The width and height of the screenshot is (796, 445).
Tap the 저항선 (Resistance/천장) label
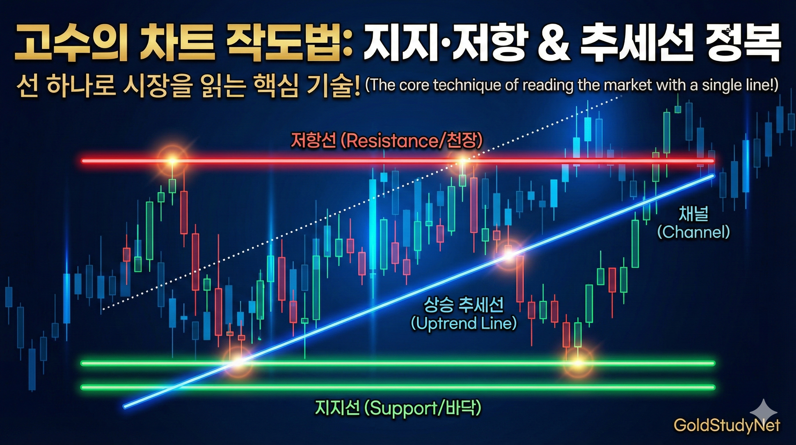386,141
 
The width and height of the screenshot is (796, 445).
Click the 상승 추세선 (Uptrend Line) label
463,314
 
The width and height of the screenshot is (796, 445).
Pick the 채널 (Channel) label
693,223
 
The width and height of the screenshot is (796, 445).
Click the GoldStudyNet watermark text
727,425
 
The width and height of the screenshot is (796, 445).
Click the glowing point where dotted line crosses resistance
463,161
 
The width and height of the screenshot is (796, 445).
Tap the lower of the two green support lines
398,387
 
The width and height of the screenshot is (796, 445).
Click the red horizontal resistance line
398,161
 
